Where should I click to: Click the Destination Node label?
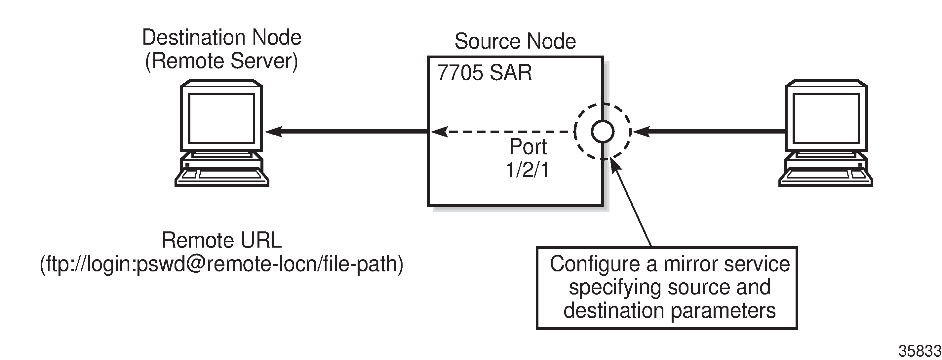click(x=221, y=37)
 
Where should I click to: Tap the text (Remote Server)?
click(x=221, y=61)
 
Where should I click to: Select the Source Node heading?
click(x=515, y=41)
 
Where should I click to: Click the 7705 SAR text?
click(x=484, y=72)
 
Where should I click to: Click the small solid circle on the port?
click(x=602, y=131)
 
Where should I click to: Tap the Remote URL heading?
click(x=221, y=240)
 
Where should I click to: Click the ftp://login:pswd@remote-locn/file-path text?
click(x=221, y=264)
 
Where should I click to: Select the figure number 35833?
click(x=919, y=351)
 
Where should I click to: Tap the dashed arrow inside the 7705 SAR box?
click(x=505, y=131)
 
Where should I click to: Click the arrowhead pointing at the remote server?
click(x=274, y=131)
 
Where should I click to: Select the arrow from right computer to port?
click(x=709, y=131)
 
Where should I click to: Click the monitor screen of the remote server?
click(x=221, y=118)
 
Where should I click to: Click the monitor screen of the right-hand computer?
click(x=826, y=118)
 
